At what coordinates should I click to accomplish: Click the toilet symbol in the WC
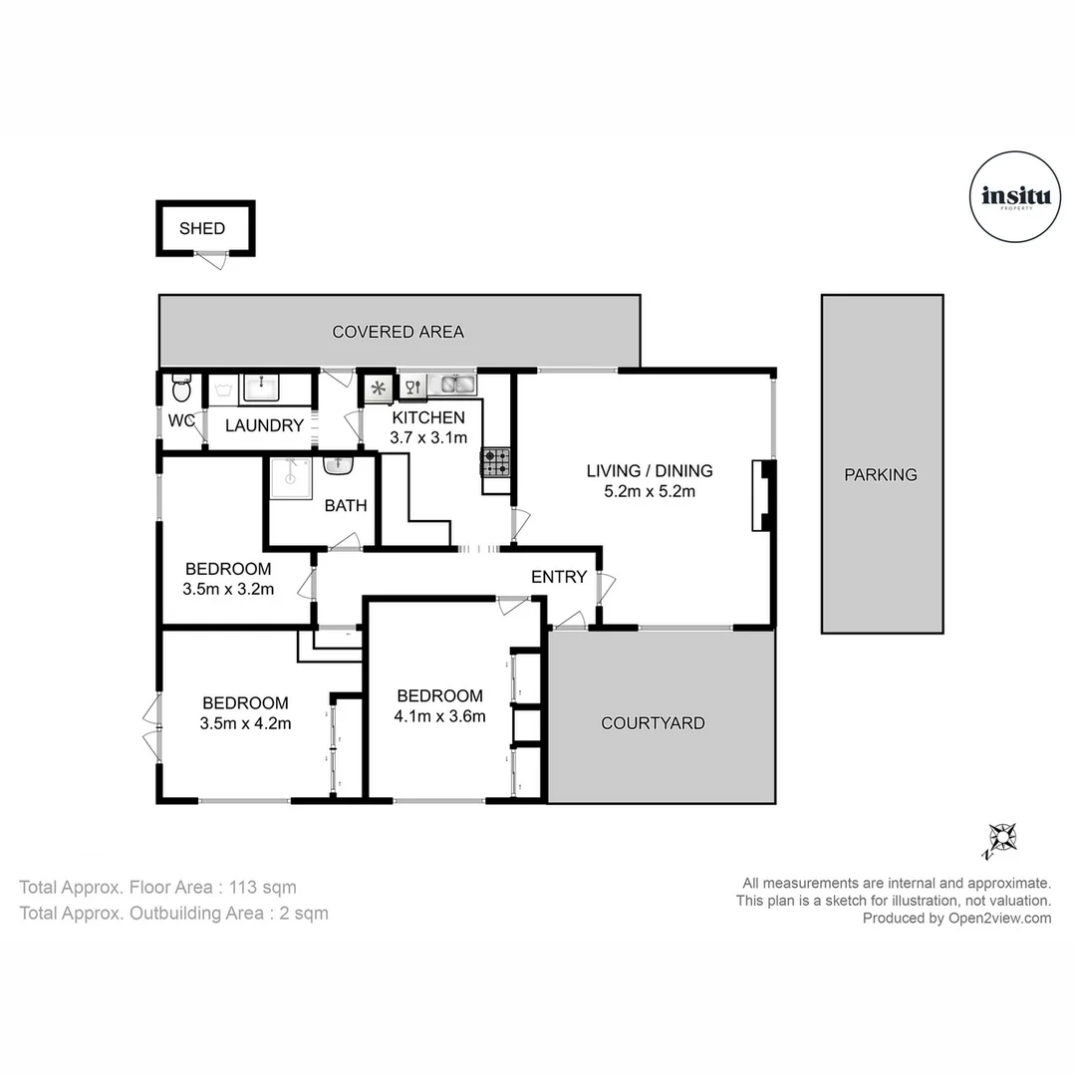point(180,387)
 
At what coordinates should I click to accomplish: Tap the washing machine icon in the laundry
point(221,388)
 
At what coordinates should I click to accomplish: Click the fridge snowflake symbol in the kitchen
point(378,388)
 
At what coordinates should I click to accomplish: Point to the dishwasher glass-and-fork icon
point(410,387)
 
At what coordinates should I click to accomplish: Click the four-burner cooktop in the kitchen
point(496,462)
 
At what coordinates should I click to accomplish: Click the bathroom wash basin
point(339,466)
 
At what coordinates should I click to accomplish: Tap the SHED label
point(202,228)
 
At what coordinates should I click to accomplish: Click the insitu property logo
point(1015,197)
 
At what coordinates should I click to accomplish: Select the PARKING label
point(881,475)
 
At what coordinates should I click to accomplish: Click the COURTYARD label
point(653,723)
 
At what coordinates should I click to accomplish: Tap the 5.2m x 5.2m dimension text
point(649,491)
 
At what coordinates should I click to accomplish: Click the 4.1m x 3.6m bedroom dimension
point(440,715)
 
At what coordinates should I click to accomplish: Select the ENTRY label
point(558,577)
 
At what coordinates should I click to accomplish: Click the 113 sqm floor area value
point(263,887)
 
